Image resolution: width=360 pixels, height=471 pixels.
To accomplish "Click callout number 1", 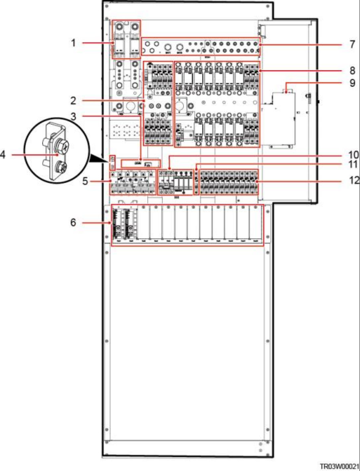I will click(73, 43).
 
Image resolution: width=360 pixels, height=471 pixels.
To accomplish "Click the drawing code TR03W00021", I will click(340, 466).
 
